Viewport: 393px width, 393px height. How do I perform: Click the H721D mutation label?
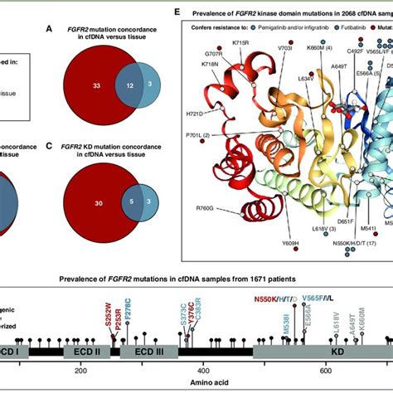196,113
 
